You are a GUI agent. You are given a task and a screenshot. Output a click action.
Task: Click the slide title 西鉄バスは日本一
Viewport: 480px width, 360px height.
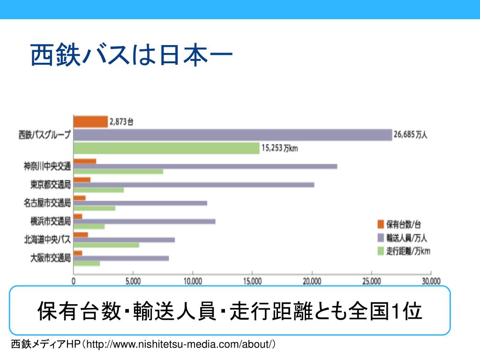click(132, 55)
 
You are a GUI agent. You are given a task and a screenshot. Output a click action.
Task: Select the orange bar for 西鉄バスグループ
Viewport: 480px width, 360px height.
click(90, 122)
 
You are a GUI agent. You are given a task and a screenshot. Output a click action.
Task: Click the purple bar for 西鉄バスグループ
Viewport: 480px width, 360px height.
click(232, 135)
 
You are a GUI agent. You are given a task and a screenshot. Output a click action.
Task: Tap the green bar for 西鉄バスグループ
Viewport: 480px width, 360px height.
click(166, 148)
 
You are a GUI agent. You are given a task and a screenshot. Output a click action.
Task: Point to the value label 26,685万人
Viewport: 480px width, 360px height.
click(411, 135)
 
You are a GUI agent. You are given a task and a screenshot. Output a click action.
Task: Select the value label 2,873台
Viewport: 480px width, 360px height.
click(121, 122)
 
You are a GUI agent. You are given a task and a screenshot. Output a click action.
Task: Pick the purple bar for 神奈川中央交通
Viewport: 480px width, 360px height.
click(205, 166)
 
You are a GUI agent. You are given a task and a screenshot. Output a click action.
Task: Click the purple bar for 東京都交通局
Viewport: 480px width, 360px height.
click(194, 185)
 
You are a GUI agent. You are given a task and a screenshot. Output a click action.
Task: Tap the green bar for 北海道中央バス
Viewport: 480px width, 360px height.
click(106, 245)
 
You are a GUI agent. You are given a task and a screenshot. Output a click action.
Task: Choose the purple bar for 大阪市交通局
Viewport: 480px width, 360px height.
click(121, 258)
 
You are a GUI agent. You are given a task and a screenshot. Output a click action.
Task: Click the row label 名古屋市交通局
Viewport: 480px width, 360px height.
click(47, 203)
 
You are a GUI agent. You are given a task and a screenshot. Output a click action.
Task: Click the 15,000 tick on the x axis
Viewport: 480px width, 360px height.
click(252, 281)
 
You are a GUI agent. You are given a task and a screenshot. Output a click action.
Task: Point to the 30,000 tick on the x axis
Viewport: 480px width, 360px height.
click(431, 281)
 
